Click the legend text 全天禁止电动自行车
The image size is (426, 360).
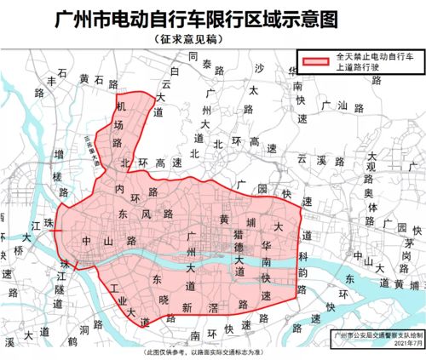click(371, 56)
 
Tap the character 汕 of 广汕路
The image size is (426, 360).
click(341, 106)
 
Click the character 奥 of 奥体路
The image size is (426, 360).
click(369, 193)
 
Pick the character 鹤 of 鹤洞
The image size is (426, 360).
click(73, 340)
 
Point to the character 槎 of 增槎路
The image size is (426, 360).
click(59, 176)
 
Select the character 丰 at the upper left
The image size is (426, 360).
click(51, 81)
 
